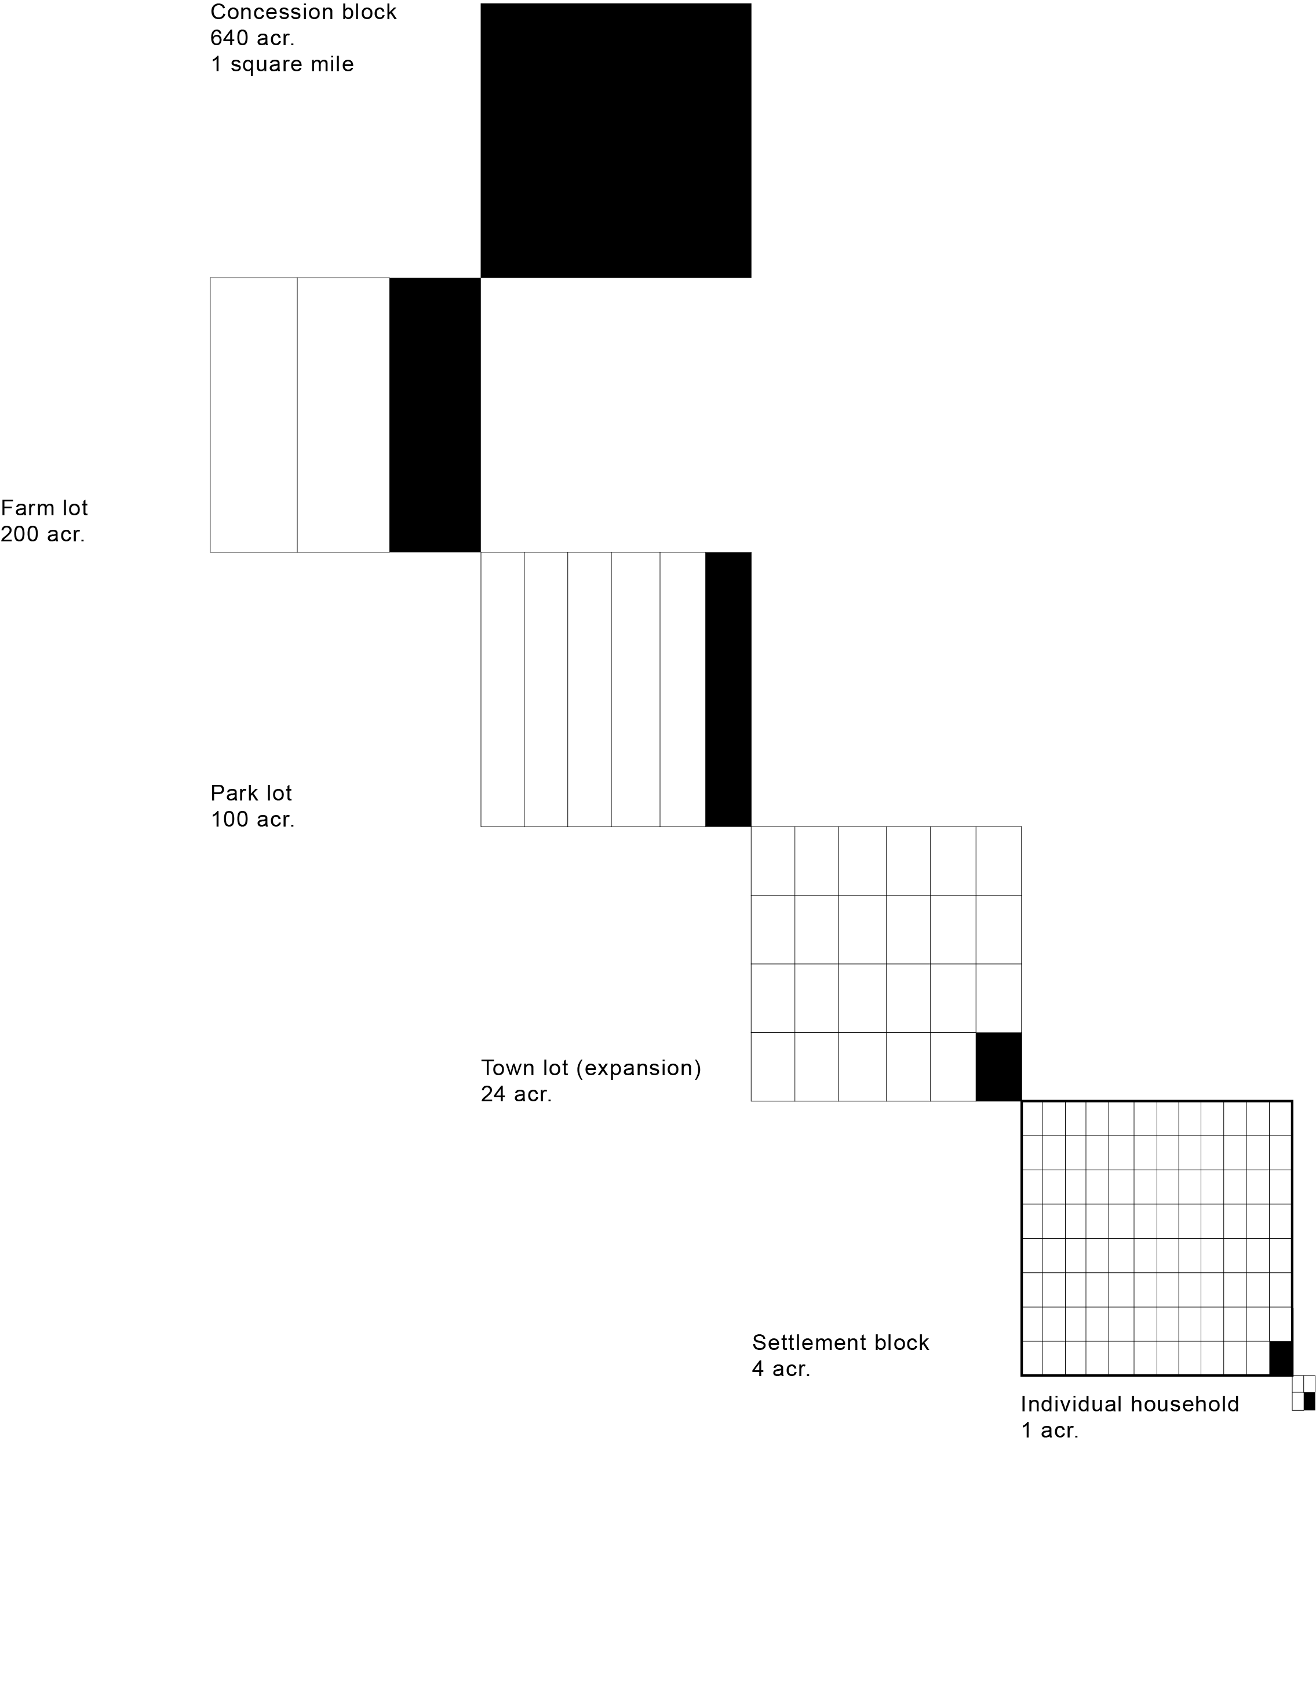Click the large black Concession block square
(x=615, y=140)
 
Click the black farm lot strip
(x=435, y=415)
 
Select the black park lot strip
(x=728, y=689)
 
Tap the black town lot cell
(x=998, y=1067)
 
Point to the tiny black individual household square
(x=1309, y=1401)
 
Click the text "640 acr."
(x=252, y=38)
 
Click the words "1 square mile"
(x=282, y=64)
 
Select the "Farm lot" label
(x=45, y=508)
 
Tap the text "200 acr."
(x=42, y=534)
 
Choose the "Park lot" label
(x=251, y=793)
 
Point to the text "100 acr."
(x=252, y=820)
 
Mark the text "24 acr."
(x=516, y=1094)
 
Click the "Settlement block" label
(x=840, y=1342)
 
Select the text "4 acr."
(x=781, y=1369)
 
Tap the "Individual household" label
(x=1129, y=1404)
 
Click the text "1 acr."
(x=1049, y=1431)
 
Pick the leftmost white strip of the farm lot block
(x=254, y=415)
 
